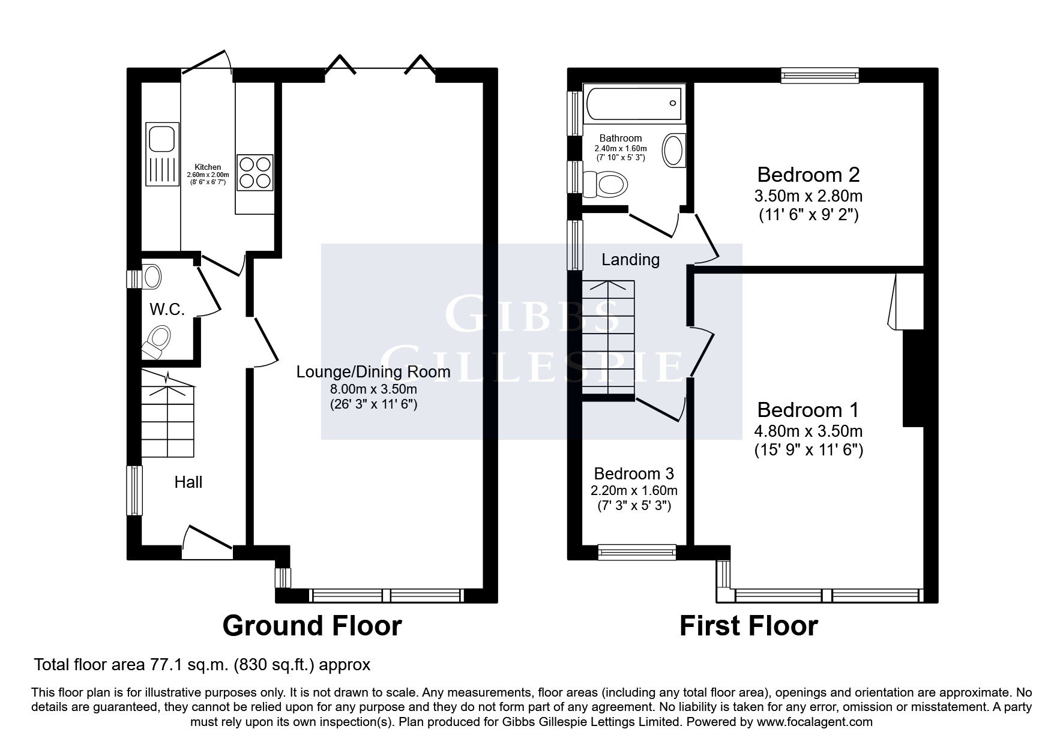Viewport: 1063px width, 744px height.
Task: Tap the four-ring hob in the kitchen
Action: click(x=255, y=173)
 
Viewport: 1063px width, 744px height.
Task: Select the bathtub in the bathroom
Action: click(x=635, y=103)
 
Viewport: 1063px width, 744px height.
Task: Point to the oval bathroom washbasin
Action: click(x=673, y=150)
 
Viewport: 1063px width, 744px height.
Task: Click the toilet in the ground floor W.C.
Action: click(x=156, y=341)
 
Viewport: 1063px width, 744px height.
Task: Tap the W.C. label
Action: click(x=167, y=310)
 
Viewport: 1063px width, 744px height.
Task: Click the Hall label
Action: click(x=188, y=482)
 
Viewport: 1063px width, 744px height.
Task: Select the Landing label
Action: click(x=630, y=259)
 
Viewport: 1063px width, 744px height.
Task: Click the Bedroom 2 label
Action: click(x=809, y=175)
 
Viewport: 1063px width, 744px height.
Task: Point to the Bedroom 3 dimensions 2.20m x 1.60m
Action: click(x=634, y=490)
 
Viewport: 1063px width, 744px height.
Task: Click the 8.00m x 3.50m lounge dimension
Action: click(x=373, y=389)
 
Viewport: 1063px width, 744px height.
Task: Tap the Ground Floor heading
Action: click(x=312, y=626)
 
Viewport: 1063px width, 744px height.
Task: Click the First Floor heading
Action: click(x=748, y=626)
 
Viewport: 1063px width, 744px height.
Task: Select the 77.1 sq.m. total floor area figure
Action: click(x=176, y=665)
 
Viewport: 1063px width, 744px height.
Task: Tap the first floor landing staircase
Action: click(x=607, y=337)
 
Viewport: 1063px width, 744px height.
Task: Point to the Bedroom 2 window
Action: click(x=820, y=75)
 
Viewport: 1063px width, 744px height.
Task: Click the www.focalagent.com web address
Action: click(x=815, y=722)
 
